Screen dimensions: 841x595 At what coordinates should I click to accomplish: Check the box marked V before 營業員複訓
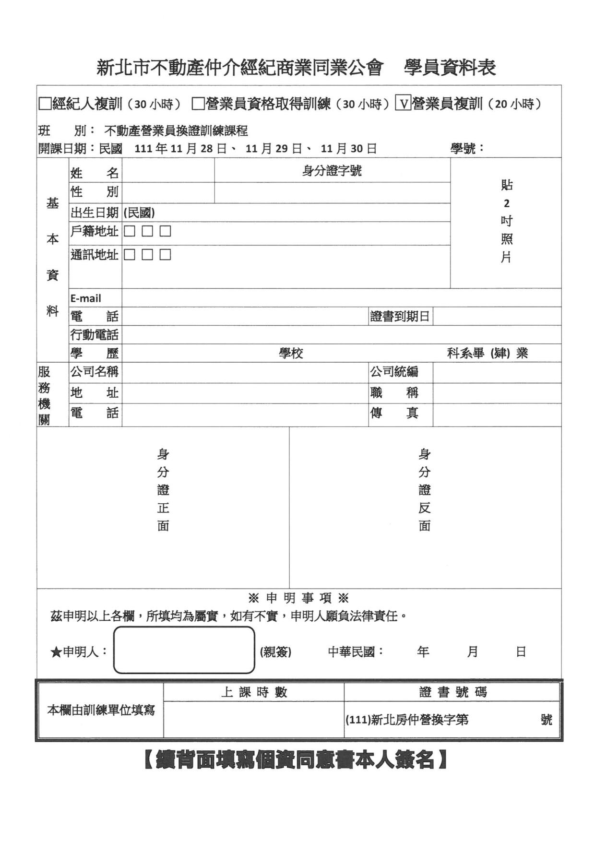403,104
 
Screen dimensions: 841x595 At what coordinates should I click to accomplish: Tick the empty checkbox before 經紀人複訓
45,104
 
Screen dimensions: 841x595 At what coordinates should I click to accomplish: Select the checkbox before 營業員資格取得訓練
198,104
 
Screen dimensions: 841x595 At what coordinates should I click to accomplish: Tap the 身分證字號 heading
332,170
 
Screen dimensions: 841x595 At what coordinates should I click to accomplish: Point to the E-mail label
86,298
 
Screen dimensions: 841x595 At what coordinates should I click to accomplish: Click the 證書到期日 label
400,317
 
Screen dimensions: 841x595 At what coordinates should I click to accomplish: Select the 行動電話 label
95,335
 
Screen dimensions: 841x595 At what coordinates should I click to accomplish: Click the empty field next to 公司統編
497,372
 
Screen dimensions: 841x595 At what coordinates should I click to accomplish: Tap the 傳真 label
394,413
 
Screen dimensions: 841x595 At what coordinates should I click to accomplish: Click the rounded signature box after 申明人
184,650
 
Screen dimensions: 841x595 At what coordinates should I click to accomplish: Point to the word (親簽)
276,652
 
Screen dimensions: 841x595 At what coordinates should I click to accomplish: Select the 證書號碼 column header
452,692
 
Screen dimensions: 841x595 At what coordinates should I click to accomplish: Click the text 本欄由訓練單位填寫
101,710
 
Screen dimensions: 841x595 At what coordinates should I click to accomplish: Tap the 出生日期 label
95,213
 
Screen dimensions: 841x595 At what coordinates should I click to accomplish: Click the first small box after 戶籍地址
129,231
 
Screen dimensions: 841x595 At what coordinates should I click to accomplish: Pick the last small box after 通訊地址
165,254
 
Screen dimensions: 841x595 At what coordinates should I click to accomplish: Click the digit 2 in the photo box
506,203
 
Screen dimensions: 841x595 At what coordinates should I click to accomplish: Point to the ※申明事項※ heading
298,598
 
